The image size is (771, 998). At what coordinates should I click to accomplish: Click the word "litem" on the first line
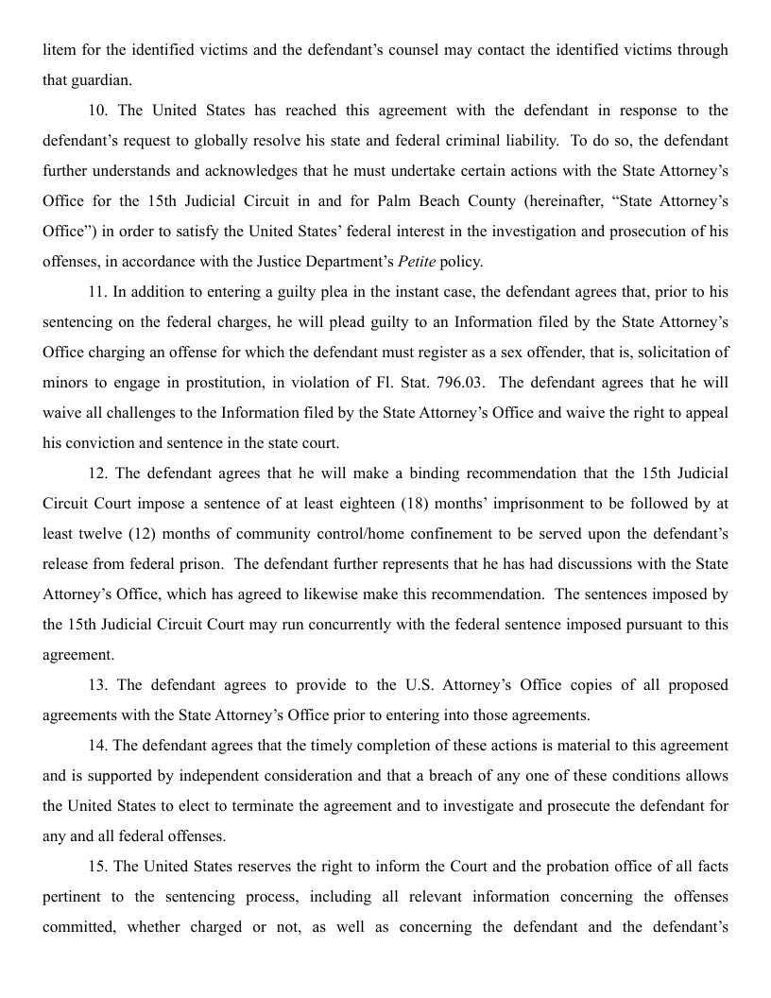click(60, 49)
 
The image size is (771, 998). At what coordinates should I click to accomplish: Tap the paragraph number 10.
click(98, 111)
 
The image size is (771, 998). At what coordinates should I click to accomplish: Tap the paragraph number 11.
click(98, 292)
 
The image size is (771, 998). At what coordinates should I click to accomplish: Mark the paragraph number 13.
click(98, 685)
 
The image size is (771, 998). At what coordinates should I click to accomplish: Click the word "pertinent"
click(74, 897)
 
